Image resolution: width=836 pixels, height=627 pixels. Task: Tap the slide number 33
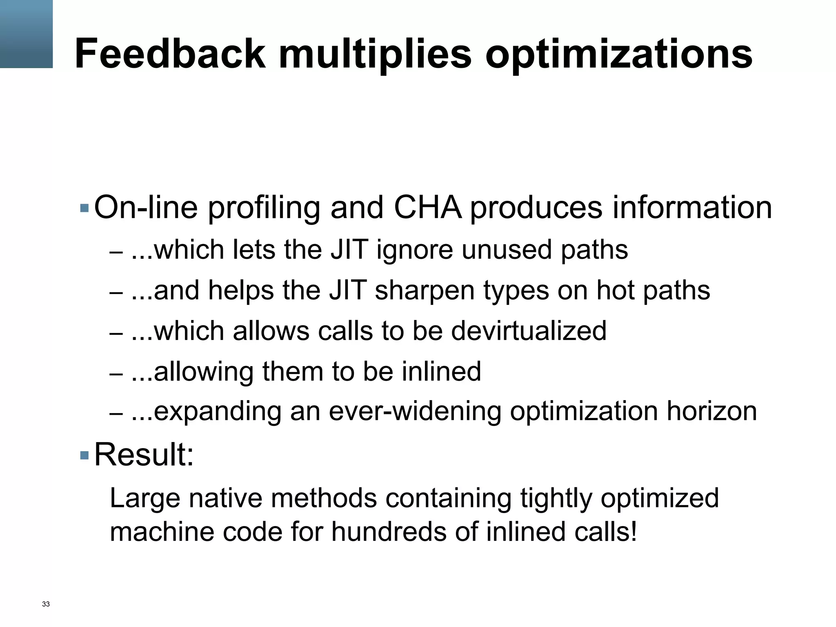[46, 604]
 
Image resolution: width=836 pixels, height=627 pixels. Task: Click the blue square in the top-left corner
[26, 34]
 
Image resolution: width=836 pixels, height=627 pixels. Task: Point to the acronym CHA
[428, 207]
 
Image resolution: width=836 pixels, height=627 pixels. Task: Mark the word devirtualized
[529, 331]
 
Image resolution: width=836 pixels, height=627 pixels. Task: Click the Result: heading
[144, 455]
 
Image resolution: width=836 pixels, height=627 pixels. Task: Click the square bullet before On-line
[85, 208]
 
